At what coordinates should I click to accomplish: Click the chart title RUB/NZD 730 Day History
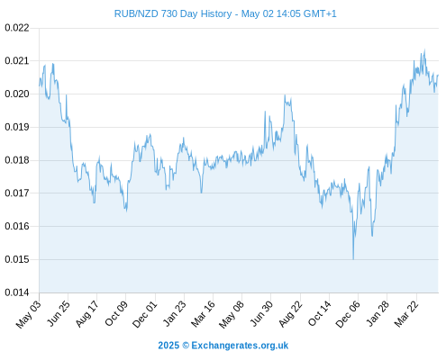(173, 13)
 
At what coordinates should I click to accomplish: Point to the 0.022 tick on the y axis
(17, 28)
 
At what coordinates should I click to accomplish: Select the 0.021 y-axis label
(17, 61)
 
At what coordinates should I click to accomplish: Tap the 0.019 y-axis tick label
(17, 127)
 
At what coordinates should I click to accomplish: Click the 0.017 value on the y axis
(17, 193)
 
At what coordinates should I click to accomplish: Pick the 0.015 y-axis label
(17, 259)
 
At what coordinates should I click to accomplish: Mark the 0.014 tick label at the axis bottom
(17, 292)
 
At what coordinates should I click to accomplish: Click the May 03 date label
(28, 314)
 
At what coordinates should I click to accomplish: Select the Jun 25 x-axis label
(59, 313)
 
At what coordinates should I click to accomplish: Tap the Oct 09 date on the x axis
(116, 313)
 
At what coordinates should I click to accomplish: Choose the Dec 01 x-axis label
(145, 314)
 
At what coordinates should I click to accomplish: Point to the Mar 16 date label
(203, 313)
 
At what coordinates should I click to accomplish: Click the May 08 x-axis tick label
(232, 314)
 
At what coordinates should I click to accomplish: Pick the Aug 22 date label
(290, 314)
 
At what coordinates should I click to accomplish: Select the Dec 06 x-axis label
(348, 314)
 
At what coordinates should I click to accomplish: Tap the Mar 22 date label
(406, 314)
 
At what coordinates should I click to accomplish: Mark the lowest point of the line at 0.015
(353, 259)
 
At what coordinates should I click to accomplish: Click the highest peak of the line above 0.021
(424, 49)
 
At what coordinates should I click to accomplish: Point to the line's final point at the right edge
(438, 75)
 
